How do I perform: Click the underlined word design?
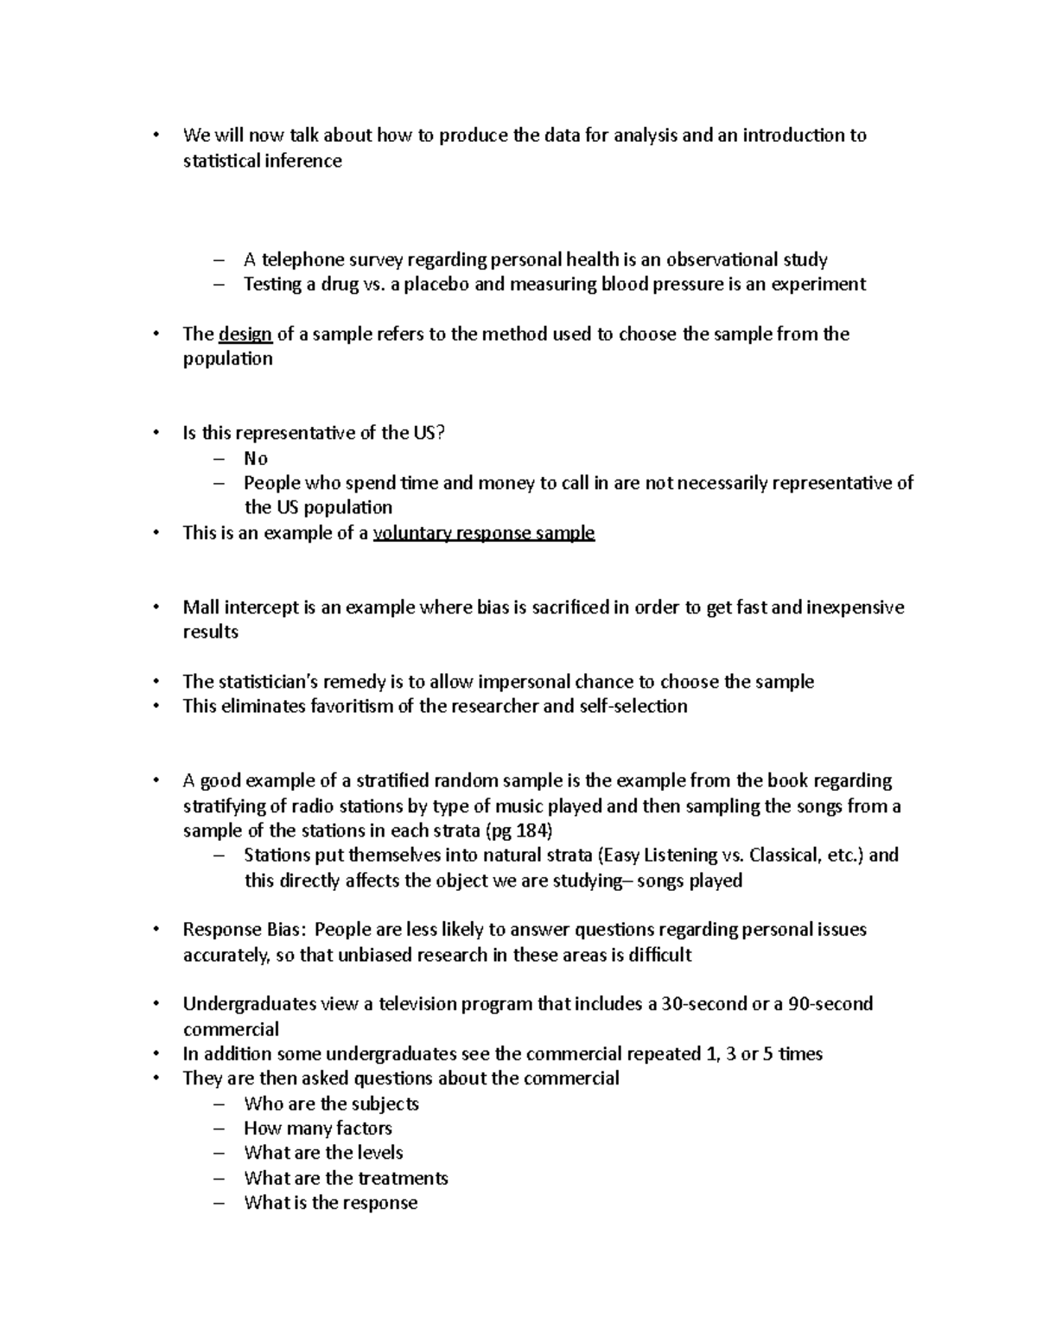coord(245,334)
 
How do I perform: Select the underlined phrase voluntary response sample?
coord(483,533)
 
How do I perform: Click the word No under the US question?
coord(256,459)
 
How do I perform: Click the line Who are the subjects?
coord(331,1103)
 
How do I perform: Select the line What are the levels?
coord(323,1153)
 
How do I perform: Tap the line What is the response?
coord(330,1203)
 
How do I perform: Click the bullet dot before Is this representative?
coord(156,434)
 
